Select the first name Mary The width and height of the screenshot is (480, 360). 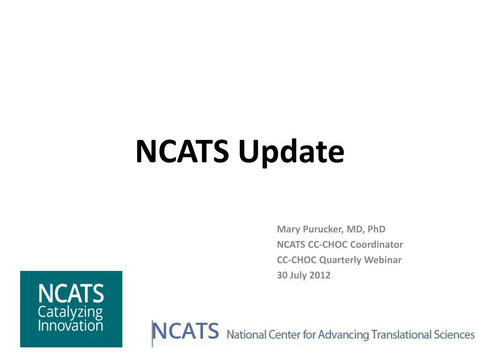[x=287, y=230]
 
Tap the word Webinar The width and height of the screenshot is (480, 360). [x=384, y=260]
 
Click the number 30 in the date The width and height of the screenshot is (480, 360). [x=282, y=275]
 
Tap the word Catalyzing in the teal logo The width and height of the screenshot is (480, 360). [x=70, y=312]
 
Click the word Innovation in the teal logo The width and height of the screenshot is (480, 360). [x=70, y=325]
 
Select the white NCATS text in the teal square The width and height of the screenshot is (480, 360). [x=71, y=294]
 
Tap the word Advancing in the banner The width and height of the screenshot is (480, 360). [x=344, y=335]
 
